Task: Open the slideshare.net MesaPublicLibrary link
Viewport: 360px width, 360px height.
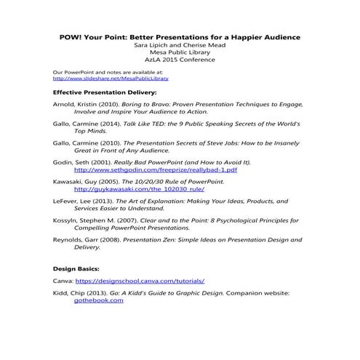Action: point(95,79)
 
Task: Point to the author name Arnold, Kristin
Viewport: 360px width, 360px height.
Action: point(75,105)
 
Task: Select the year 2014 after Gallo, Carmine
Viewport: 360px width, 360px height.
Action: point(109,125)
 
